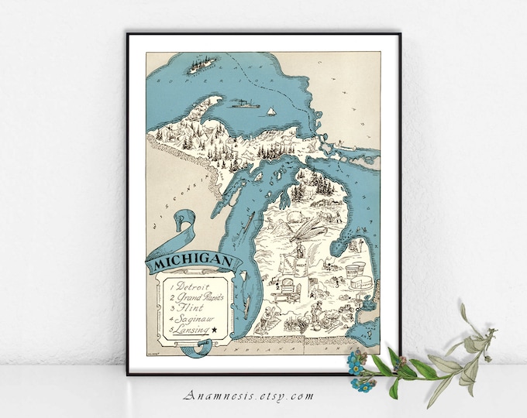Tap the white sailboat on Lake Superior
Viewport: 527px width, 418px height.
[271, 111]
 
